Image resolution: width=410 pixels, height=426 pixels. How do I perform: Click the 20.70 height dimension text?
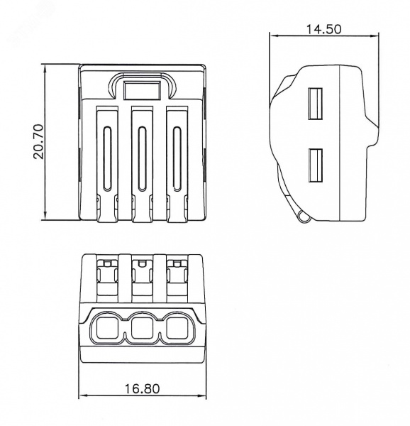pos(39,141)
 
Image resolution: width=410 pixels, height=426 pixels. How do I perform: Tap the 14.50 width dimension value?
pos(323,29)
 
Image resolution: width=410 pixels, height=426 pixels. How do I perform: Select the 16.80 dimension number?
pos(142,389)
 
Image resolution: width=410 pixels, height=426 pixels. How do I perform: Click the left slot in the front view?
pos(107,158)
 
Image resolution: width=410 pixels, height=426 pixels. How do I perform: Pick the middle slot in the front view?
pos(142,158)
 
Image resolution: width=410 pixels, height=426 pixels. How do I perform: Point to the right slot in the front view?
pos(177,158)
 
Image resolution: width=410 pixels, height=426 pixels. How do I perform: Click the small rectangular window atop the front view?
pos(142,90)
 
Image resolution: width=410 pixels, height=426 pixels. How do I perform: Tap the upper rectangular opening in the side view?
pos(315,104)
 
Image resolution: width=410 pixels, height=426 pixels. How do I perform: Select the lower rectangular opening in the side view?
pos(315,165)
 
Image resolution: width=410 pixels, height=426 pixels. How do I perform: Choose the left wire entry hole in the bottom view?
pos(107,328)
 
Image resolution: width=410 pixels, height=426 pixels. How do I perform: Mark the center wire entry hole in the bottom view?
pos(142,328)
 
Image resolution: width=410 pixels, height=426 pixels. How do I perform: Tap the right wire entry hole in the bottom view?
pos(177,328)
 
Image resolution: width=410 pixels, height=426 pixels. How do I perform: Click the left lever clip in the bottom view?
pos(107,278)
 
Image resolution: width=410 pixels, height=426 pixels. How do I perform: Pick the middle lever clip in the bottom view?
pos(142,278)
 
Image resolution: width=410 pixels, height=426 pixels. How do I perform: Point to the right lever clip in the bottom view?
pos(177,278)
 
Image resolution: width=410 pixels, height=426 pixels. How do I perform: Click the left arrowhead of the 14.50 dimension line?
pos(274,35)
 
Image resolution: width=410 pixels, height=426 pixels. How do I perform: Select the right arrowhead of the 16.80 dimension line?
pos(202,395)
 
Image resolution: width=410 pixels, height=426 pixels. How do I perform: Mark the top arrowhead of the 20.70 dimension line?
pos(45,68)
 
